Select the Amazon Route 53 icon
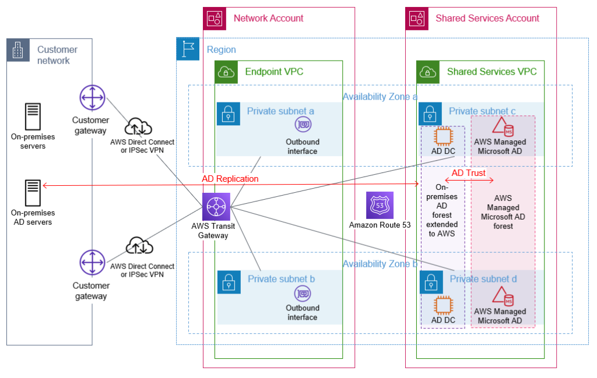[x=380, y=206]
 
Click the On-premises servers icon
[x=33, y=116]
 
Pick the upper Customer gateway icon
[x=92, y=98]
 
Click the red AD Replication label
[x=230, y=179]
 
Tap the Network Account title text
[x=268, y=18]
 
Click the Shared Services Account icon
[x=417, y=19]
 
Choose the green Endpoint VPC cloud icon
[x=226, y=72]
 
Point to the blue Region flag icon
[x=188, y=50]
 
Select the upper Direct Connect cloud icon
[x=138, y=126]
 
